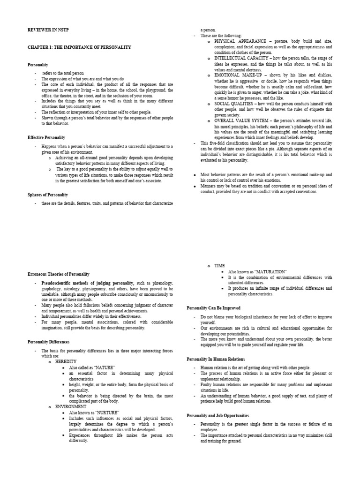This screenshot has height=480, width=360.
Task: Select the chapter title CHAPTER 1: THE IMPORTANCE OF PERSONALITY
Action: pos(79,47)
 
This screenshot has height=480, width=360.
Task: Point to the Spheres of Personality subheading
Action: pos(47,195)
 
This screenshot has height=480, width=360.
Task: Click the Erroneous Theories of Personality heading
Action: pos(58,274)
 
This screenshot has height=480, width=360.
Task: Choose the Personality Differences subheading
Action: pos(48,342)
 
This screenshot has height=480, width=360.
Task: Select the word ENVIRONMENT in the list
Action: pos(71,406)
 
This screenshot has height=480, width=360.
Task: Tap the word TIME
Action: pos(220,266)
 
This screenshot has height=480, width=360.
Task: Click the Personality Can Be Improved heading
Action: pos(213,308)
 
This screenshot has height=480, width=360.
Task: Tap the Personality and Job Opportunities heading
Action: pos(217,415)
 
